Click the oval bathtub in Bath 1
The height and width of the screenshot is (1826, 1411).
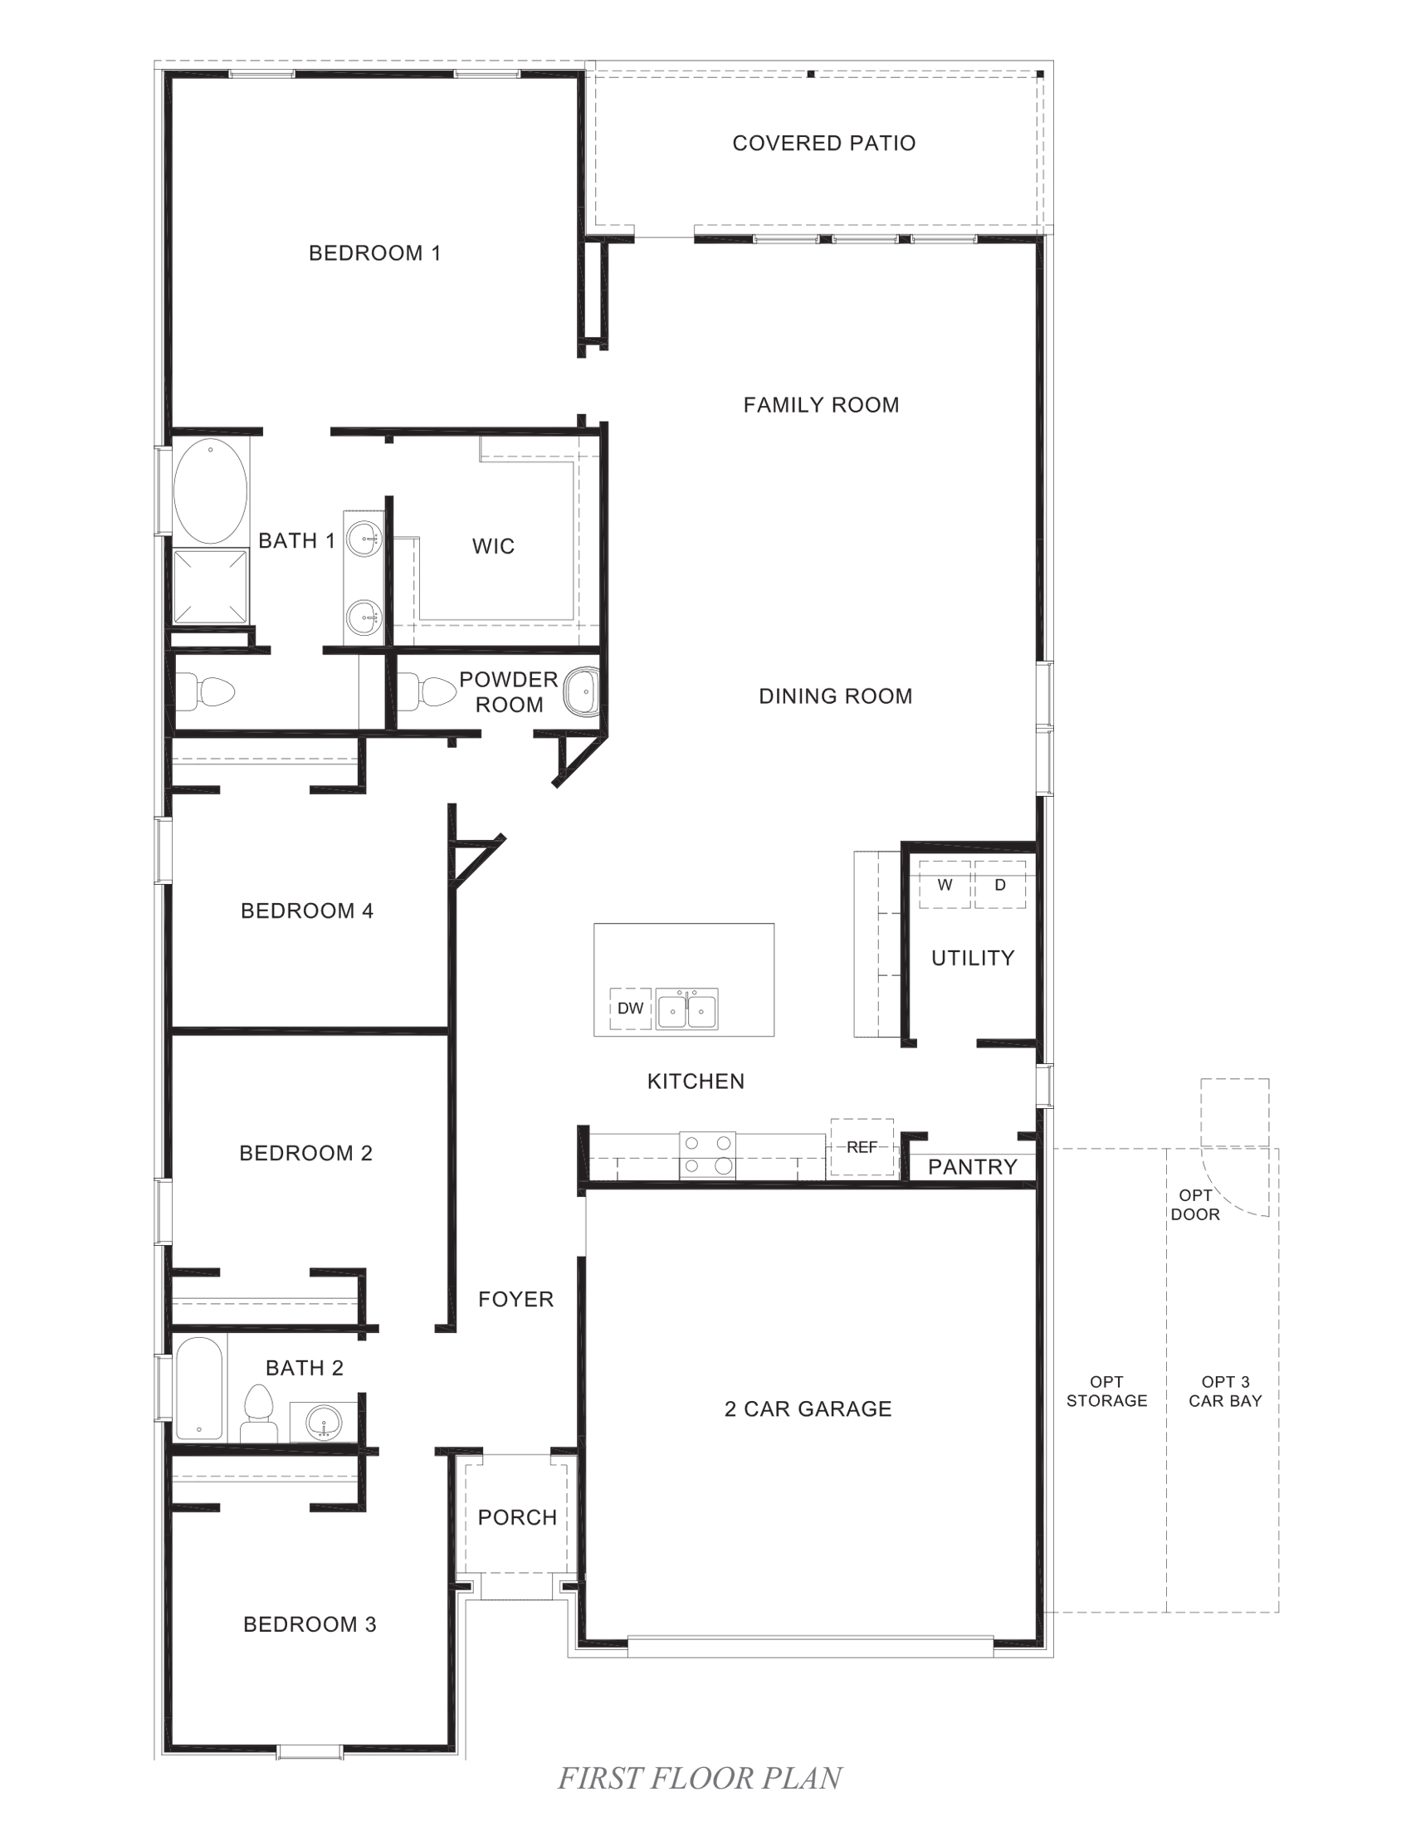tap(211, 491)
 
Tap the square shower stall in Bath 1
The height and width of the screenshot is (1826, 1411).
tap(211, 586)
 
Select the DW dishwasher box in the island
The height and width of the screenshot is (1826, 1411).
tap(630, 1008)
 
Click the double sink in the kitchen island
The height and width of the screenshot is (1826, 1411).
tap(686, 1009)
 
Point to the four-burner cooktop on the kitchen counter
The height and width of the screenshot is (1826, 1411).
tap(707, 1155)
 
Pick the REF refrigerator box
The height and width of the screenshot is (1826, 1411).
tap(862, 1147)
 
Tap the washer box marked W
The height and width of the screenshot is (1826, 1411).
tap(945, 885)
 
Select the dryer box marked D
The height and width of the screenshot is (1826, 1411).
tap(1000, 885)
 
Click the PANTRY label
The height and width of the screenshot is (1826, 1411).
tap(972, 1167)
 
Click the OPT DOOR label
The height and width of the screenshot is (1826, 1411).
tap(1194, 1205)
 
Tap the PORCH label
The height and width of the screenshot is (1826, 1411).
tap(516, 1517)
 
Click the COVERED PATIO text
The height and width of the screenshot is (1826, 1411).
tap(823, 143)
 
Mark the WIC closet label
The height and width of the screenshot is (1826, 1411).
tap(493, 547)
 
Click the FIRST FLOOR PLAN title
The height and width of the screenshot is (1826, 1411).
tap(700, 1778)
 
